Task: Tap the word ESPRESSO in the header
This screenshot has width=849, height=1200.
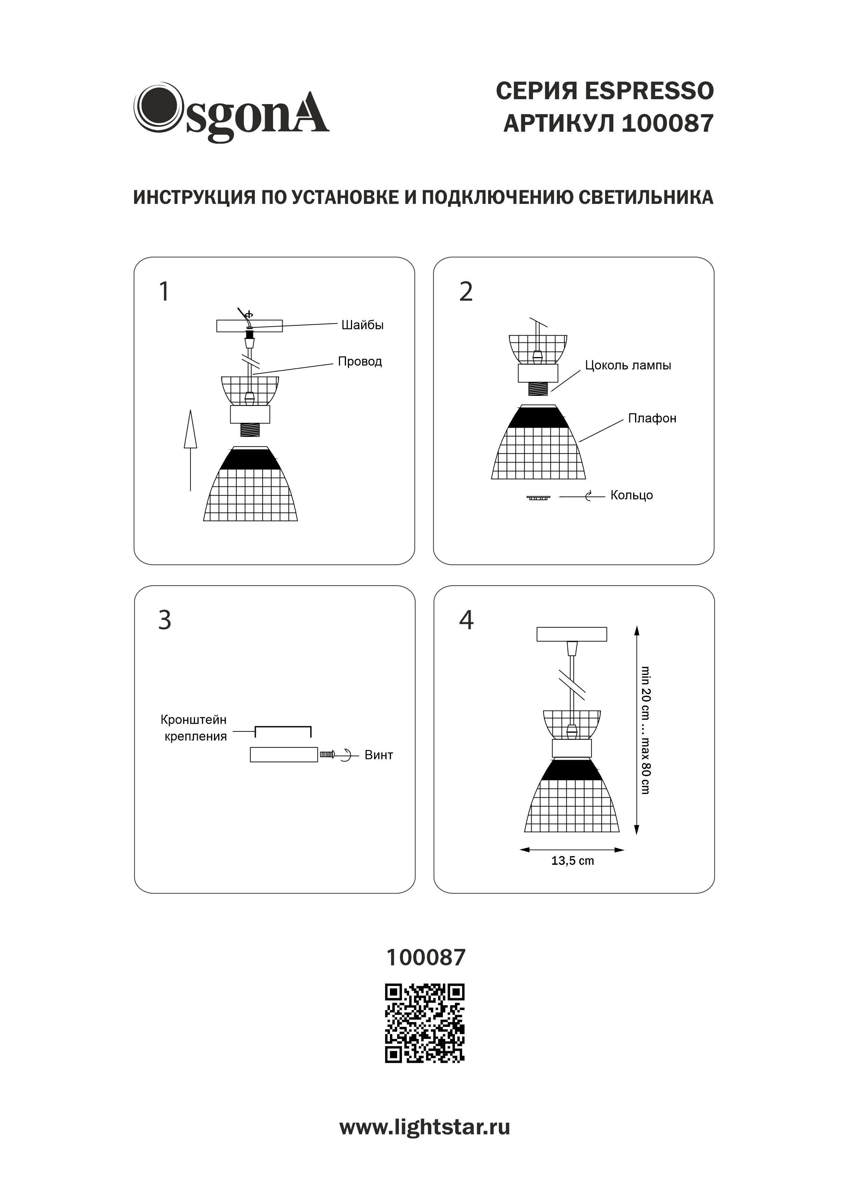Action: coord(649,91)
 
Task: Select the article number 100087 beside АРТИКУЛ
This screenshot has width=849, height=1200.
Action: coord(668,124)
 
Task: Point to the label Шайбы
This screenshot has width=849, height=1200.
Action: coord(362,325)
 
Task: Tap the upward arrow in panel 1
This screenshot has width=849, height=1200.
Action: coord(190,449)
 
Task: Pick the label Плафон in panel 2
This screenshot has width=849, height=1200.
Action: coord(652,418)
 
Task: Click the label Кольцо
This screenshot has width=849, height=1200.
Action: coord(631,495)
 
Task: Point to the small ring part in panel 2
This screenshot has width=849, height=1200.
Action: coord(538,498)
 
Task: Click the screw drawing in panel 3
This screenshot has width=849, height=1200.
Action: coord(327,754)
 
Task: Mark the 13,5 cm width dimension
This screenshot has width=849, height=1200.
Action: coord(573,861)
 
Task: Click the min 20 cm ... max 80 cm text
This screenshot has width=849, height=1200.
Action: coord(646,730)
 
